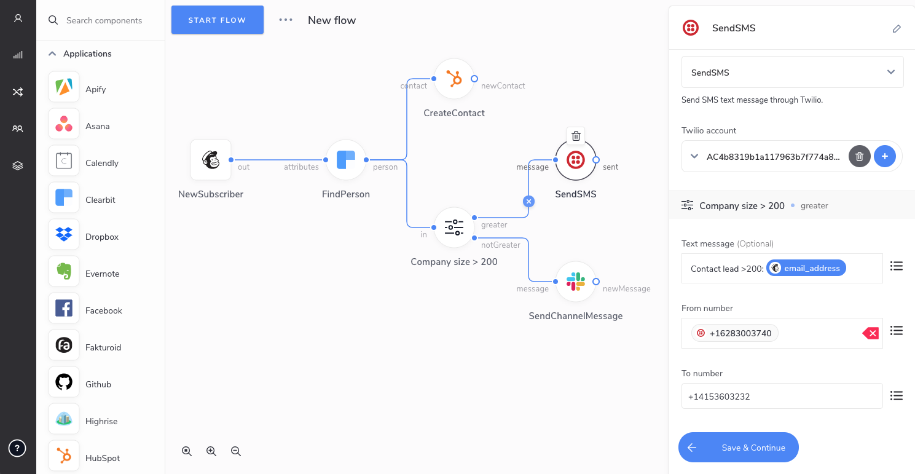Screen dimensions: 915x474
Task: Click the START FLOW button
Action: (218, 20)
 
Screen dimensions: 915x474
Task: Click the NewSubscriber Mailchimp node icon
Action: (211, 160)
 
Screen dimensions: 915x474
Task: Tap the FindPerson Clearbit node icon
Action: (345, 160)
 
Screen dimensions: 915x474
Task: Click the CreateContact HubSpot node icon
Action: (454, 79)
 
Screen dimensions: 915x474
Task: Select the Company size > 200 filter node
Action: (454, 227)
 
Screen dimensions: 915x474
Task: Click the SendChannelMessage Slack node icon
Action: (576, 282)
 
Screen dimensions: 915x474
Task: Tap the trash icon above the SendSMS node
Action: (576, 136)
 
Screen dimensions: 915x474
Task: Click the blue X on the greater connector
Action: (528, 201)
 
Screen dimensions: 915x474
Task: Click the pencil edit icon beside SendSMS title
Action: (897, 28)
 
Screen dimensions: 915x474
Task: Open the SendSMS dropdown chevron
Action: (891, 72)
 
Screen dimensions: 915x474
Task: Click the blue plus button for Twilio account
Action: (885, 156)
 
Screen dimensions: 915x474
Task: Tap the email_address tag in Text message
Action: (806, 268)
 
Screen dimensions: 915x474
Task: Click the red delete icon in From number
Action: (871, 333)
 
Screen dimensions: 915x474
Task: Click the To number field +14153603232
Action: (782, 396)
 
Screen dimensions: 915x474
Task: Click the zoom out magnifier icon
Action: (236, 451)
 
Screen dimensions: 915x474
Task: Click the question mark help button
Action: (17, 448)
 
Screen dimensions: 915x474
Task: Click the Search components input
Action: (104, 20)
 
